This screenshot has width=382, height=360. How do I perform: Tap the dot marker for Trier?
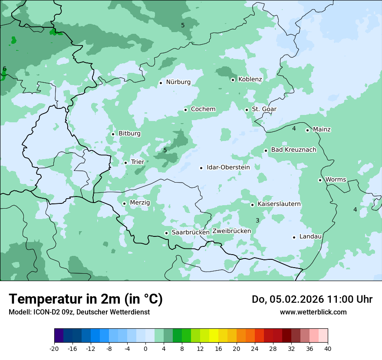point(126,163)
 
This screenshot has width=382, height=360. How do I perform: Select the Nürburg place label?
point(178,82)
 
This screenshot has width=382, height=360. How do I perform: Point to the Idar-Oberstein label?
point(228,167)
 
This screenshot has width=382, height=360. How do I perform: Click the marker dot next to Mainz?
point(307,130)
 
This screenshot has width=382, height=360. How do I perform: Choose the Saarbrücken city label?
point(191,232)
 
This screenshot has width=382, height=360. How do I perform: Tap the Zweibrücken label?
point(231,231)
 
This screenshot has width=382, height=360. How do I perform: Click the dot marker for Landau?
point(294,237)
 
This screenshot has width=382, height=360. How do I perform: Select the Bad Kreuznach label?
point(293,150)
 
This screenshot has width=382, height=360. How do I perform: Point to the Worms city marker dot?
point(320,180)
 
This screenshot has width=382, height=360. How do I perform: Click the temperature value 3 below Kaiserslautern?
point(257,221)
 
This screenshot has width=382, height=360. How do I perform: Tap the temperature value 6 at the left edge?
point(4,69)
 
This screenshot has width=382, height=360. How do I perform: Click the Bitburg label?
point(129,134)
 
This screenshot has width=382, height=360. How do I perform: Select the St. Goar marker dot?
point(247,110)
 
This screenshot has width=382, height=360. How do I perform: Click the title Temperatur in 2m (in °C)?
point(86,299)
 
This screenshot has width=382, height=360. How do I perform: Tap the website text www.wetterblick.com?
point(313,312)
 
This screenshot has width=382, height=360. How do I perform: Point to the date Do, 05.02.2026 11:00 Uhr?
point(312,299)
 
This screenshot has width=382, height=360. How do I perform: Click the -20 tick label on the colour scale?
point(54,348)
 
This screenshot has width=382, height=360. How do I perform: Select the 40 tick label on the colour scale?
point(328,348)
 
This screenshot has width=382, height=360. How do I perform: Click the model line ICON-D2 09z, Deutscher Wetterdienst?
point(79,312)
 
